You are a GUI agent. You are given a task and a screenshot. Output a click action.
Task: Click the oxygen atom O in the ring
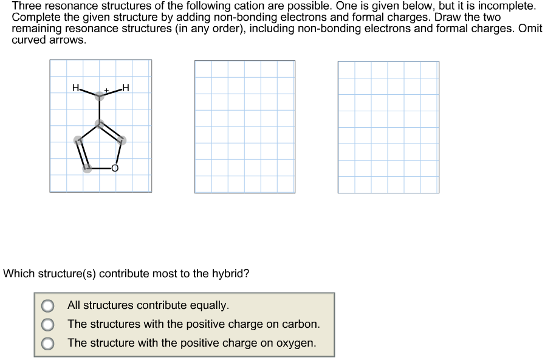click(x=114, y=168)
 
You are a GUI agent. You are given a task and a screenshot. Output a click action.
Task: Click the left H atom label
click(x=75, y=88)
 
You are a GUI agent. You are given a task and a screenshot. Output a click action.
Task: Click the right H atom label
click(x=125, y=88)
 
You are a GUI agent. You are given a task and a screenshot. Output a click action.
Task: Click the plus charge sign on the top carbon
click(x=106, y=90)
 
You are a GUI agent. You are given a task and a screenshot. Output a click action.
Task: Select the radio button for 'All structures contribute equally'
click(x=47, y=305)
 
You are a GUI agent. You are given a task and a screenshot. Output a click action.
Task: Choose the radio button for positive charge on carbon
click(x=47, y=325)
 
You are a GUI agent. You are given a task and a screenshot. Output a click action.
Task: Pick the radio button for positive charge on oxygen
click(x=47, y=344)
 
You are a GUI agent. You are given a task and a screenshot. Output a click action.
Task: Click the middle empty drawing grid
click(x=245, y=126)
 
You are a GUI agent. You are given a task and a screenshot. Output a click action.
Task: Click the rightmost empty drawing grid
click(x=388, y=126)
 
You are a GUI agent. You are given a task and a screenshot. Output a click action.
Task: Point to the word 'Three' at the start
click(x=26, y=6)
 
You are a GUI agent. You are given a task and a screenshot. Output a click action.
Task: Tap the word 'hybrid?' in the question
click(x=230, y=274)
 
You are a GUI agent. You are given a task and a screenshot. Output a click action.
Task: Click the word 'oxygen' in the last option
click(x=297, y=343)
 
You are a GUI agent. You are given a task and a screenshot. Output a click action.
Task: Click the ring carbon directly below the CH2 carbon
click(x=100, y=124)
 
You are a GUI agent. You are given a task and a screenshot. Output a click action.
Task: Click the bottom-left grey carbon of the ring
click(x=87, y=168)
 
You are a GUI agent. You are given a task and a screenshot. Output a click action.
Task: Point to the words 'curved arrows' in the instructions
click(x=49, y=40)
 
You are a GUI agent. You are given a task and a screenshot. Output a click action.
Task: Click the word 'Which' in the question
click(x=18, y=274)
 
